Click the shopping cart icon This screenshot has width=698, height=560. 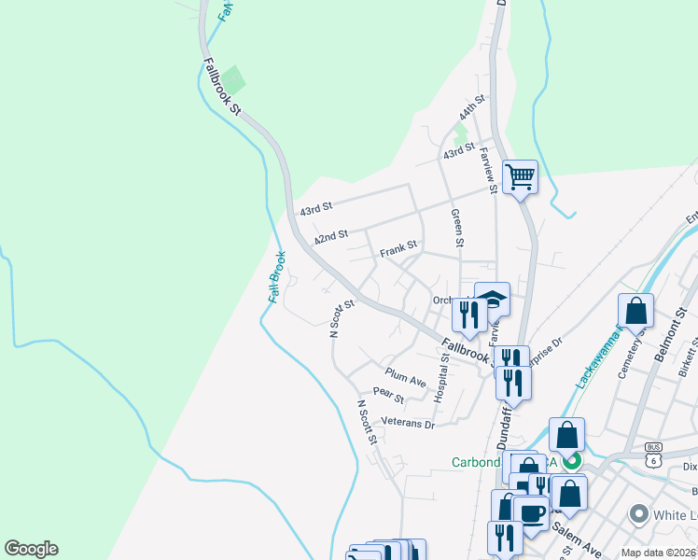tap(520, 175)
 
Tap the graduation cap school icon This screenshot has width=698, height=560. tap(493, 300)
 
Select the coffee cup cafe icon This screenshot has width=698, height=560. tap(531, 513)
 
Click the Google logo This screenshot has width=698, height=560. tap(31, 549)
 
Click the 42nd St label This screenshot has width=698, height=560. tap(330, 237)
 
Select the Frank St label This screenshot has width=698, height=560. tap(398, 250)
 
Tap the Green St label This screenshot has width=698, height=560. tap(457, 228)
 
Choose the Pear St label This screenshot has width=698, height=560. tap(387, 396)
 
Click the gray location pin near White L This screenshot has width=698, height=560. tap(639, 513)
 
